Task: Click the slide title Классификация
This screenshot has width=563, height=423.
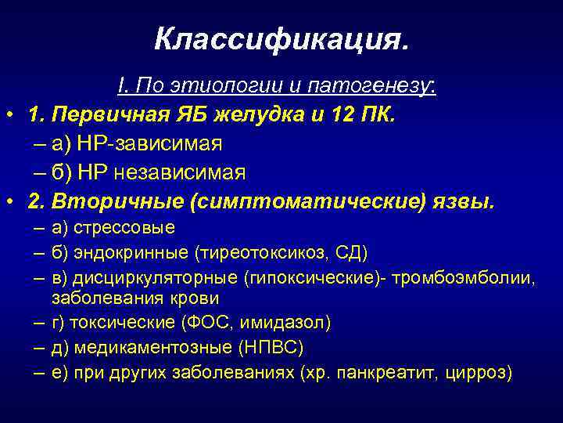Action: click(x=281, y=38)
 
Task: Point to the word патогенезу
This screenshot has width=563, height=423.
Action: click(x=382, y=87)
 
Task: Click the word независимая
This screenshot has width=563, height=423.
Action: click(x=181, y=172)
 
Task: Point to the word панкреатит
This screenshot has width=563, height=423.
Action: click(x=379, y=372)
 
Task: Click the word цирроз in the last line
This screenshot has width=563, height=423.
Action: click(x=477, y=372)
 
